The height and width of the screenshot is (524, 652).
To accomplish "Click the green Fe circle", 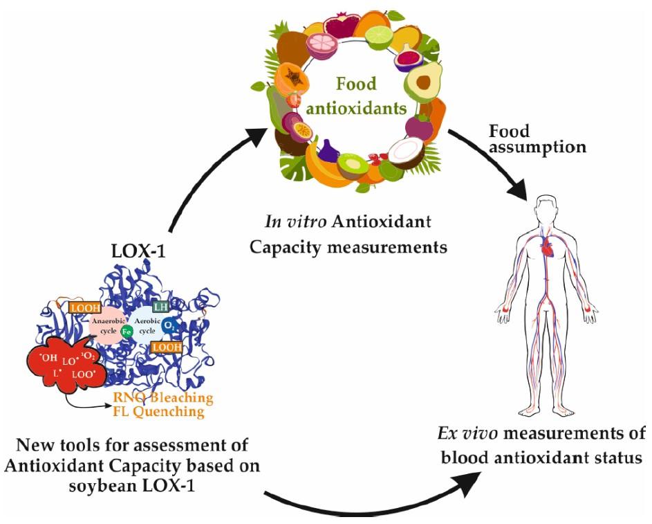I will click(x=127, y=332).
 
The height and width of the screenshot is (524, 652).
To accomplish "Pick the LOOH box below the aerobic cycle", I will click(x=167, y=346).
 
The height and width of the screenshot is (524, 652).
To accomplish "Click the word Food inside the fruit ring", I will click(x=356, y=84).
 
